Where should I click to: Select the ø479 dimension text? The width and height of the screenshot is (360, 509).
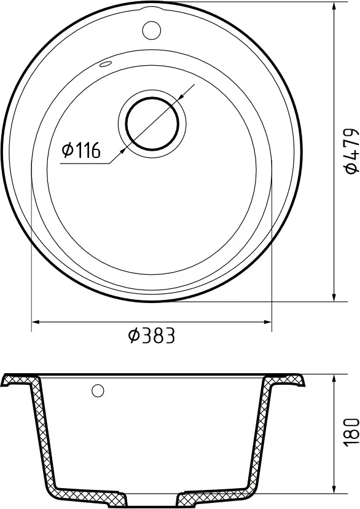[x=351, y=151]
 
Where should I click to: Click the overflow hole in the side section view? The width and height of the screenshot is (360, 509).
[x=98, y=390]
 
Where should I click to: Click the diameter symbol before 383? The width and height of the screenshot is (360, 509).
[x=135, y=335]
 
